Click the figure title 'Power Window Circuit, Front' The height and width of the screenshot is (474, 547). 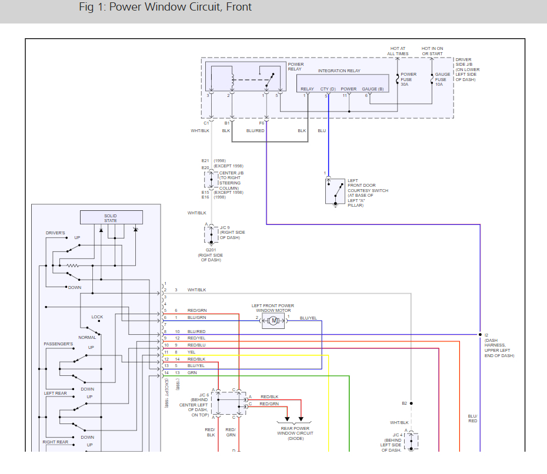[x=165, y=8]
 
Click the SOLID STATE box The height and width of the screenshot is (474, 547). [x=111, y=218]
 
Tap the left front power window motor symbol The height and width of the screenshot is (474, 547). [x=273, y=320]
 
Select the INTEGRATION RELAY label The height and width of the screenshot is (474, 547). [x=339, y=71]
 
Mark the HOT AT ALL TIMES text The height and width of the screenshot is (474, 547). [x=398, y=51]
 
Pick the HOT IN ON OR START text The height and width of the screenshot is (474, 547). [x=432, y=51]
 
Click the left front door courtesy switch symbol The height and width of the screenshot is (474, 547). [x=335, y=191]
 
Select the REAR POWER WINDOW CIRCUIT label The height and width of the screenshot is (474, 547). [x=295, y=433]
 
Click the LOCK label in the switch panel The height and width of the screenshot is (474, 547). [x=97, y=317]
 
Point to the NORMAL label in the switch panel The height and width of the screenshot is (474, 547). [x=87, y=337]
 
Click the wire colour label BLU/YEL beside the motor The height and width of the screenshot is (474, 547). [x=308, y=318]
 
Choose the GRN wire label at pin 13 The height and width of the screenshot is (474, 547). [x=192, y=372]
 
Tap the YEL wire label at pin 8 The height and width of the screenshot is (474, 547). [x=191, y=352]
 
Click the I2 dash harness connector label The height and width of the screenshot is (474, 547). [x=486, y=335]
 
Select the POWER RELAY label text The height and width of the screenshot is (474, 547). [x=296, y=66]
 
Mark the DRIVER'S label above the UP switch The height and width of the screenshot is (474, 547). [x=55, y=233]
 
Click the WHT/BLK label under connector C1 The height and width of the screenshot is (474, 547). [x=200, y=130]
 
